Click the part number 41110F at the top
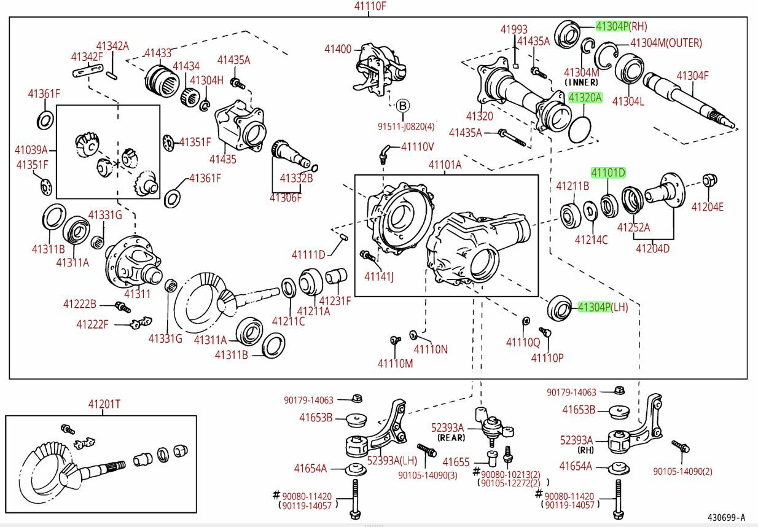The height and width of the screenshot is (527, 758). coord(370,7)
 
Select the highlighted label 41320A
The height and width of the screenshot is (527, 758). coord(585,98)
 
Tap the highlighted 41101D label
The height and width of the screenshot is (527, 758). coord(608,173)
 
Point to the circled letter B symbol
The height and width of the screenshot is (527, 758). coord(403,106)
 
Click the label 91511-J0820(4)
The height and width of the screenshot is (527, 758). coord(405,127)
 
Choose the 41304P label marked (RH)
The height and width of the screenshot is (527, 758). coord(612,26)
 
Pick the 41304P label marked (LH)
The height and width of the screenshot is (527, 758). coord(594,307)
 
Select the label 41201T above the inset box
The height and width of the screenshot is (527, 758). coord(104,404)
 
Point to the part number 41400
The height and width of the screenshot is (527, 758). coord(338,49)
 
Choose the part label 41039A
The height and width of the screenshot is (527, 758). coord(31,149)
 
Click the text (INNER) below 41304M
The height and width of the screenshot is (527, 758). coord(581,82)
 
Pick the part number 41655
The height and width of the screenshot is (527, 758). coord(456,461)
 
